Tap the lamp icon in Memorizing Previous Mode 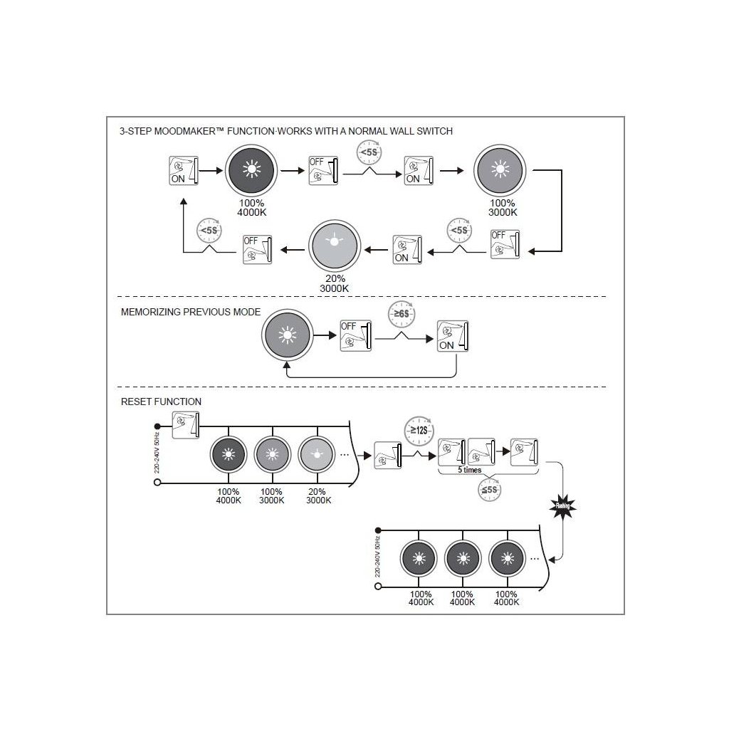point(288,335)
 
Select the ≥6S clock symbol point(402,313)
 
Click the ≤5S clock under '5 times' point(489,490)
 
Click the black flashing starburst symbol point(562,507)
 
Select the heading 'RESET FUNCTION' point(161,402)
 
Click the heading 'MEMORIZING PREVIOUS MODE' point(190,312)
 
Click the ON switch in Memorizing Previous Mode point(453,335)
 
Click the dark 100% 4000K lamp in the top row point(250,170)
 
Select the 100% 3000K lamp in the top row point(501,170)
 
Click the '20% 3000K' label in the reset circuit point(318,495)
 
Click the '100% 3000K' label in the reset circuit point(271,495)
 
